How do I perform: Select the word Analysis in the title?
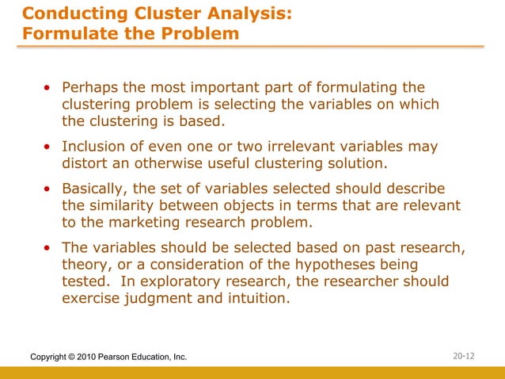(x=255, y=13)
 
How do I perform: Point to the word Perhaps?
(x=89, y=87)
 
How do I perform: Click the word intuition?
(x=256, y=300)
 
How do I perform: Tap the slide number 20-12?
(x=464, y=357)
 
